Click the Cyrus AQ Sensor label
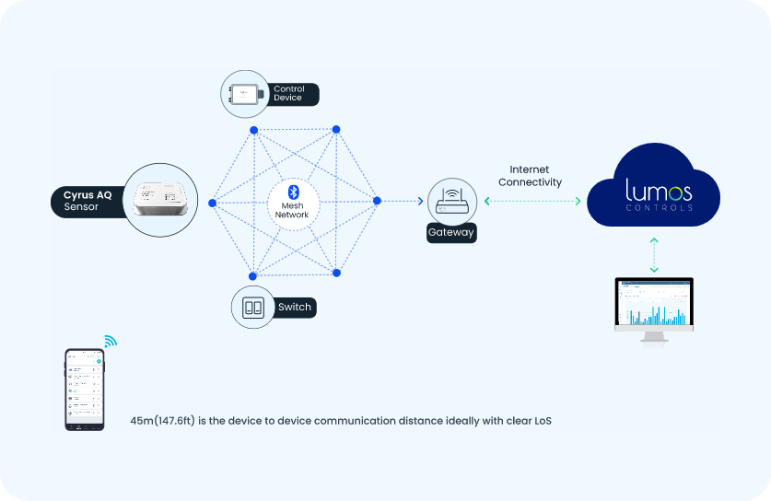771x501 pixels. pos(88,201)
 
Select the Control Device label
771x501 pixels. pos(289,94)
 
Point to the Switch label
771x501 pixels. pos(294,307)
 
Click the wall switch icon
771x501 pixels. pos(253,307)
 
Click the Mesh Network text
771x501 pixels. pos(292,209)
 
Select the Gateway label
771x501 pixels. pos(451,233)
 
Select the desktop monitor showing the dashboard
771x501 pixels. pos(654,306)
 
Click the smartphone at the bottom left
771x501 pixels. pos(84,389)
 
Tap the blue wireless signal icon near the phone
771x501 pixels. pos(111,342)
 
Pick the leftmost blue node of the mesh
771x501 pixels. pos(212,202)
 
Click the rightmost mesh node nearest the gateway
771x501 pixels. pos(376,201)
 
